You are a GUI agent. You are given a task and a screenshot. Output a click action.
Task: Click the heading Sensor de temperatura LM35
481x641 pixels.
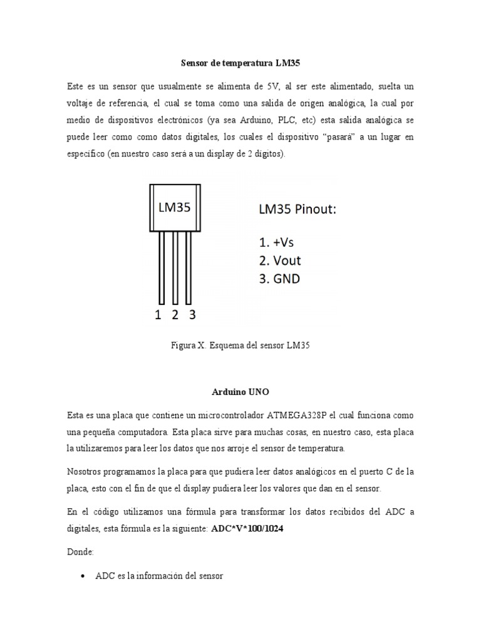click(x=240, y=63)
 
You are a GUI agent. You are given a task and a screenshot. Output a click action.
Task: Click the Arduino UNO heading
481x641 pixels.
click(x=240, y=392)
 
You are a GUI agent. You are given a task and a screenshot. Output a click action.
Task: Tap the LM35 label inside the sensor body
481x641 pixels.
click(x=175, y=208)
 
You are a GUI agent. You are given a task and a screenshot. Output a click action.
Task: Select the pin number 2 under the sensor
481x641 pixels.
click(x=175, y=315)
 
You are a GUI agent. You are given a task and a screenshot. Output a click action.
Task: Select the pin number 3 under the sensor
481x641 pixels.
click(x=192, y=315)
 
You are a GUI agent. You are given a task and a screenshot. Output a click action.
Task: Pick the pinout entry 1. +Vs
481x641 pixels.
click(x=280, y=241)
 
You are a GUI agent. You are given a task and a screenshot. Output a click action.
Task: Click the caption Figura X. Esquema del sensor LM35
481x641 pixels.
click(x=240, y=345)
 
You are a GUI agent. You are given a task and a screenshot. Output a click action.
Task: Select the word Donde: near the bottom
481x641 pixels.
click(x=80, y=553)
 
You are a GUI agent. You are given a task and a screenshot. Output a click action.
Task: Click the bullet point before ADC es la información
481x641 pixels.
click(x=83, y=577)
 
